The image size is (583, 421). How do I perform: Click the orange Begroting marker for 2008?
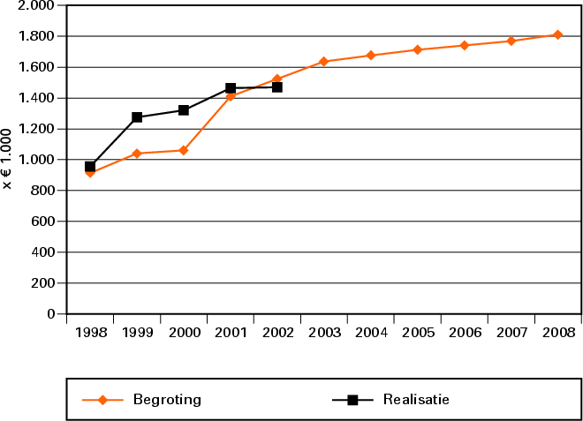(x=557, y=34)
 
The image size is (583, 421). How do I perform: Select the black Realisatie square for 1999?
(x=137, y=117)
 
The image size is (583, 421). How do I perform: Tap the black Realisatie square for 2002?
(x=277, y=86)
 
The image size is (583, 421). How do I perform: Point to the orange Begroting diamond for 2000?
(x=184, y=150)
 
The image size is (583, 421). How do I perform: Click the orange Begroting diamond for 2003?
(x=323, y=62)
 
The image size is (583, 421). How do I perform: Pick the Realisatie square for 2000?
(x=184, y=110)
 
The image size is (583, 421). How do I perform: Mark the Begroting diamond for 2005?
(x=417, y=49)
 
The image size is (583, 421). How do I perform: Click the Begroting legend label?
(x=167, y=400)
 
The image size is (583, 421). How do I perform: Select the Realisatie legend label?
(x=416, y=400)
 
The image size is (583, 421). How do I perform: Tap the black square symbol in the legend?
(x=352, y=400)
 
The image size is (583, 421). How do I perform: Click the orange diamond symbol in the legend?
(x=102, y=400)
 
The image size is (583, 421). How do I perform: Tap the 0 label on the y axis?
(x=50, y=314)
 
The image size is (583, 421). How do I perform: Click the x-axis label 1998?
(x=90, y=333)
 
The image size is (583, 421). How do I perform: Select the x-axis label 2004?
(x=370, y=333)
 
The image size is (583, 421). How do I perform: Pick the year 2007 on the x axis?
(x=511, y=333)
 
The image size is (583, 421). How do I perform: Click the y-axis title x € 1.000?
(x=8, y=159)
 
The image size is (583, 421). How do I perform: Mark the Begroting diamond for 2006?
(x=464, y=45)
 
